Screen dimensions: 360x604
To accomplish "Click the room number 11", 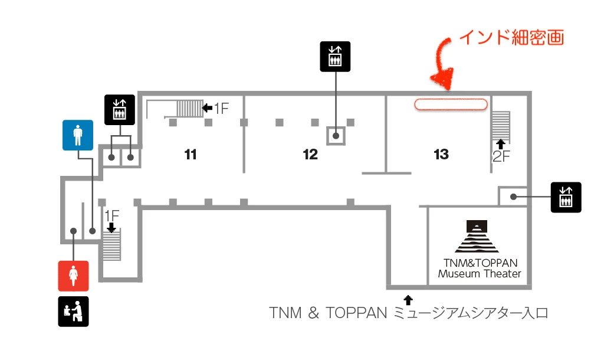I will (x=190, y=155).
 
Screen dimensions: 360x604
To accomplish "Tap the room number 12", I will (x=310, y=155).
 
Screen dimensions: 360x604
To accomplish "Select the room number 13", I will (x=441, y=155).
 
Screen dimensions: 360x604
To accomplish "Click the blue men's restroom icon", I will (x=78, y=135).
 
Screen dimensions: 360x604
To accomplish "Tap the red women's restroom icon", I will (x=73, y=276).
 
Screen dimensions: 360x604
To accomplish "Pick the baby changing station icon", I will (x=73, y=311).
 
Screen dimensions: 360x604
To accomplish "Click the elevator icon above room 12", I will (x=335, y=57).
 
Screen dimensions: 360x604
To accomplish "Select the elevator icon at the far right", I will (x=566, y=197).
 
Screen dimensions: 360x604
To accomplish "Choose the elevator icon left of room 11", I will (x=120, y=110).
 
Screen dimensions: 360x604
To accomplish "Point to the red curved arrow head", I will (x=440, y=83).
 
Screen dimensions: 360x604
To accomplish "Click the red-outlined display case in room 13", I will (x=451, y=104).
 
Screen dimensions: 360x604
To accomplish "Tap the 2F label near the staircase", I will (x=501, y=156).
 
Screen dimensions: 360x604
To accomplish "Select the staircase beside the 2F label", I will (x=501, y=124).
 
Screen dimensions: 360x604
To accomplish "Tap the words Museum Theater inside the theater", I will (x=479, y=274).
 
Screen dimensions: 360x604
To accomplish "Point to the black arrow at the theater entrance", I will (x=408, y=299).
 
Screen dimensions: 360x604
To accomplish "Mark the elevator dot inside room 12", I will (x=336, y=136).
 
